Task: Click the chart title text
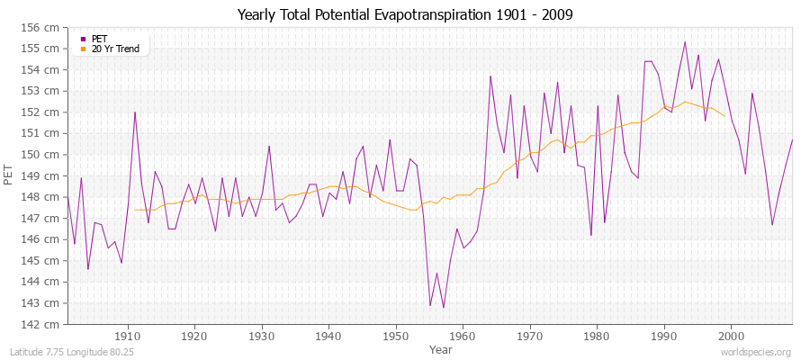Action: (x=405, y=15)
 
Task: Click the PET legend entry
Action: (x=99, y=39)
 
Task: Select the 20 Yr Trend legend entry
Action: (x=116, y=49)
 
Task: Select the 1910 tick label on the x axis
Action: (x=128, y=336)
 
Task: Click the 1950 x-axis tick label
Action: (x=395, y=336)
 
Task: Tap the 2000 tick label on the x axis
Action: (x=730, y=336)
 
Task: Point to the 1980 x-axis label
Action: (x=596, y=336)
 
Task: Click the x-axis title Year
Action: (x=441, y=348)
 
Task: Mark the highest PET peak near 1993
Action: (x=685, y=42)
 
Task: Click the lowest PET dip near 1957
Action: (x=444, y=308)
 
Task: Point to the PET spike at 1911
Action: (x=135, y=112)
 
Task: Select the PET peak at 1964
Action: (x=490, y=76)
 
